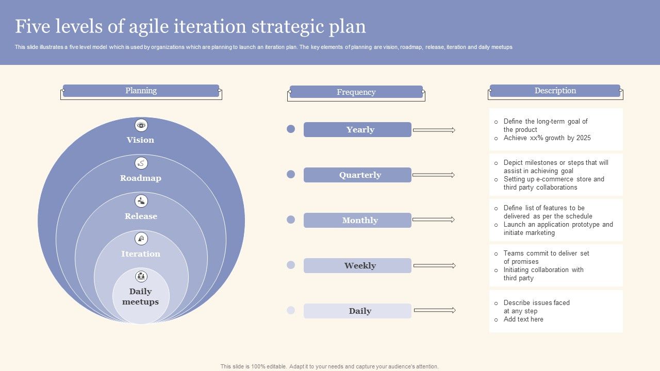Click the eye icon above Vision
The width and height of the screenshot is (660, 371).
click(x=141, y=125)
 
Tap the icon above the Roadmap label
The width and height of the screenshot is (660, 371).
click(x=141, y=163)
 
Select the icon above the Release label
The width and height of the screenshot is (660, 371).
click(x=141, y=201)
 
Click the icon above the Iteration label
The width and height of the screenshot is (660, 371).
click(x=141, y=239)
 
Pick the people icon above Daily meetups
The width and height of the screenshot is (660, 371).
click(x=141, y=277)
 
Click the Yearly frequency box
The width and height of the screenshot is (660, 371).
click(x=357, y=129)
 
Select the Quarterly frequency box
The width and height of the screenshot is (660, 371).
click(x=357, y=175)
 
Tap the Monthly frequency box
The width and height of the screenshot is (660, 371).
click(x=357, y=220)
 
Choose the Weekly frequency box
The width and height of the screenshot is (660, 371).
click(x=357, y=265)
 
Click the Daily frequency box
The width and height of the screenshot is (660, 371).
click(x=357, y=311)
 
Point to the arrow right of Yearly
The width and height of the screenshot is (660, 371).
click(x=434, y=130)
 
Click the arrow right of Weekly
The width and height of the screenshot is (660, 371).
click(x=435, y=265)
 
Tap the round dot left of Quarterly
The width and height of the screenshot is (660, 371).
click(x=291, y=174)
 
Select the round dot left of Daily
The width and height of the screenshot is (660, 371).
click(x=291, y=310)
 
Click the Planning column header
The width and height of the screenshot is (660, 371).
click(x=141, y=91)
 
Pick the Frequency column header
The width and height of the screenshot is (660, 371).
click(x=356, y=92)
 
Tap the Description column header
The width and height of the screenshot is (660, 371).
click(x=555, y=91)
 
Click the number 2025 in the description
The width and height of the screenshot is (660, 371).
click(x=583, y=138)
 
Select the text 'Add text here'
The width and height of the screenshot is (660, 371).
click(x=523, y=319)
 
